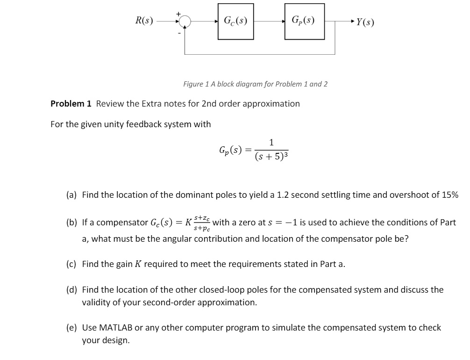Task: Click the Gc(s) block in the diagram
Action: pos(235,21)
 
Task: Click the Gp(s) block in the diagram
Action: pos(302,21)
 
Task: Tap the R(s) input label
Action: pos(144,21)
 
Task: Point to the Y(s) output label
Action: pos(365,22)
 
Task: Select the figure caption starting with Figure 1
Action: pos(255,84)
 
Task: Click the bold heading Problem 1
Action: pos(71,103)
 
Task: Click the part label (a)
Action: pos(71,195)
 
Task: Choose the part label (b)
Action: pos(71,223)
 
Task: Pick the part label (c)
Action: pos(71,264)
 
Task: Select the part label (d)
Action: pos(71,290)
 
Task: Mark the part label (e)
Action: pos(71,328)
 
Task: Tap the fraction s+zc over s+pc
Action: pos(202,223)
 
